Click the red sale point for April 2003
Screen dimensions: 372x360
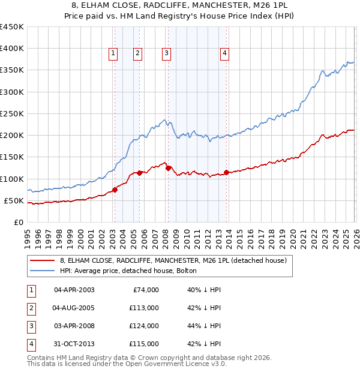[x=115, y=190]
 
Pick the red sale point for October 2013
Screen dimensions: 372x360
[x=227, y=173]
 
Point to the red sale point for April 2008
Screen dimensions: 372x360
[x=168, y=168]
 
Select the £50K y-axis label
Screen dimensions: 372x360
[x=14, y=200]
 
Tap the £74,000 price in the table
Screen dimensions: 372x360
[x=145, y=290]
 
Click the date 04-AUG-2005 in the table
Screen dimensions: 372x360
[x=74, y=308]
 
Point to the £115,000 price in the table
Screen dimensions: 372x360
[x=145, y=344]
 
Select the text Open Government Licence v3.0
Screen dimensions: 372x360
[x=179, y=364]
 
